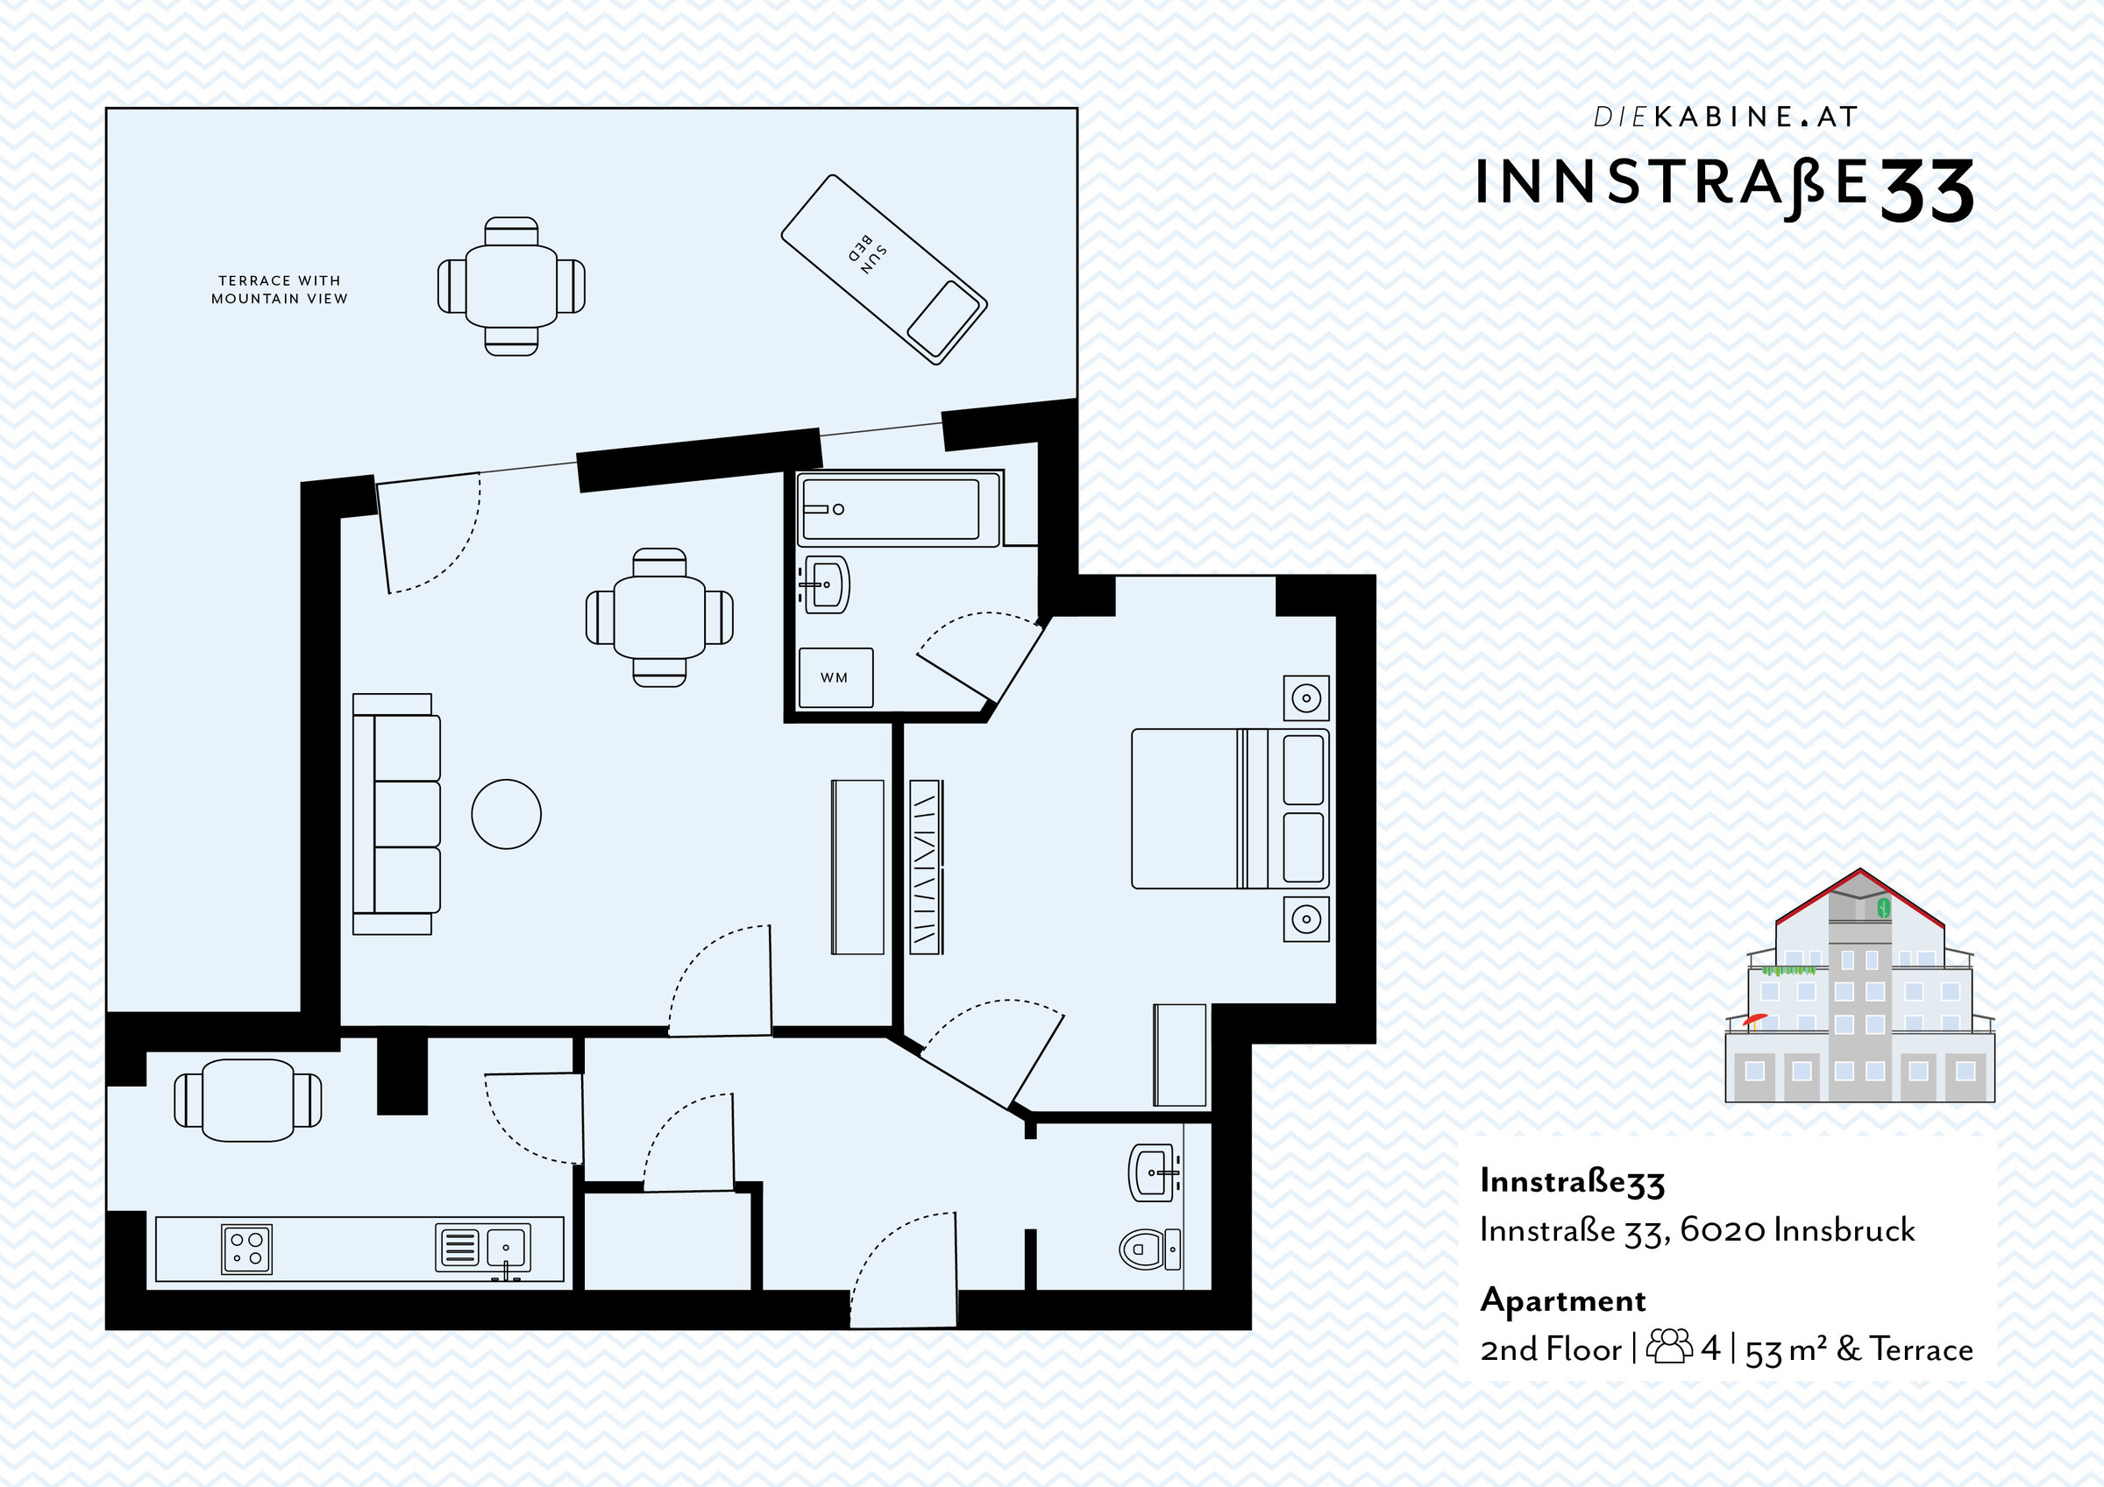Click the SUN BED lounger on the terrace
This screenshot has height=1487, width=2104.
tap(885, 269)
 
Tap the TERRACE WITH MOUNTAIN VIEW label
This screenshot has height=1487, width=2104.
tap(280, 289)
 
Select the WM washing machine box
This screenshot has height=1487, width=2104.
tap(835, 678)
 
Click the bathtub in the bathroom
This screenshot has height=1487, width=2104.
tap(898, 508)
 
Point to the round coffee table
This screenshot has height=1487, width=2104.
tap(507, 813)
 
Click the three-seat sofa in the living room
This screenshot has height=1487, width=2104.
tap(396, 813)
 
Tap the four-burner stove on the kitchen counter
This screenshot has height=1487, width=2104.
tap(246, 1249)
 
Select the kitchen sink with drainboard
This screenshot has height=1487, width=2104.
tap(483, 1249)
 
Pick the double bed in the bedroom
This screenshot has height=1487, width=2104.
tap(1230, 809)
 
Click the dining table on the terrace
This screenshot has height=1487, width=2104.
tap(511, 286)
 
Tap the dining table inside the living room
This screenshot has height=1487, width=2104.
tap(660, 618)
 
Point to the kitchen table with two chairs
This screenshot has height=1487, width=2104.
tap(248, 1100)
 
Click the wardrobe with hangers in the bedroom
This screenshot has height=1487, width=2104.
tap(927, 867)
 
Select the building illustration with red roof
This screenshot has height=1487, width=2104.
tap(1859, 985)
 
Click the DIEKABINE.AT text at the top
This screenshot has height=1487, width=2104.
tap(1725, 117)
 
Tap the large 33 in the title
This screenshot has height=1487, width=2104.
tap(1926, 190)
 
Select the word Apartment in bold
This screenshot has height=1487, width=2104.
tap(1563, 1301)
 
